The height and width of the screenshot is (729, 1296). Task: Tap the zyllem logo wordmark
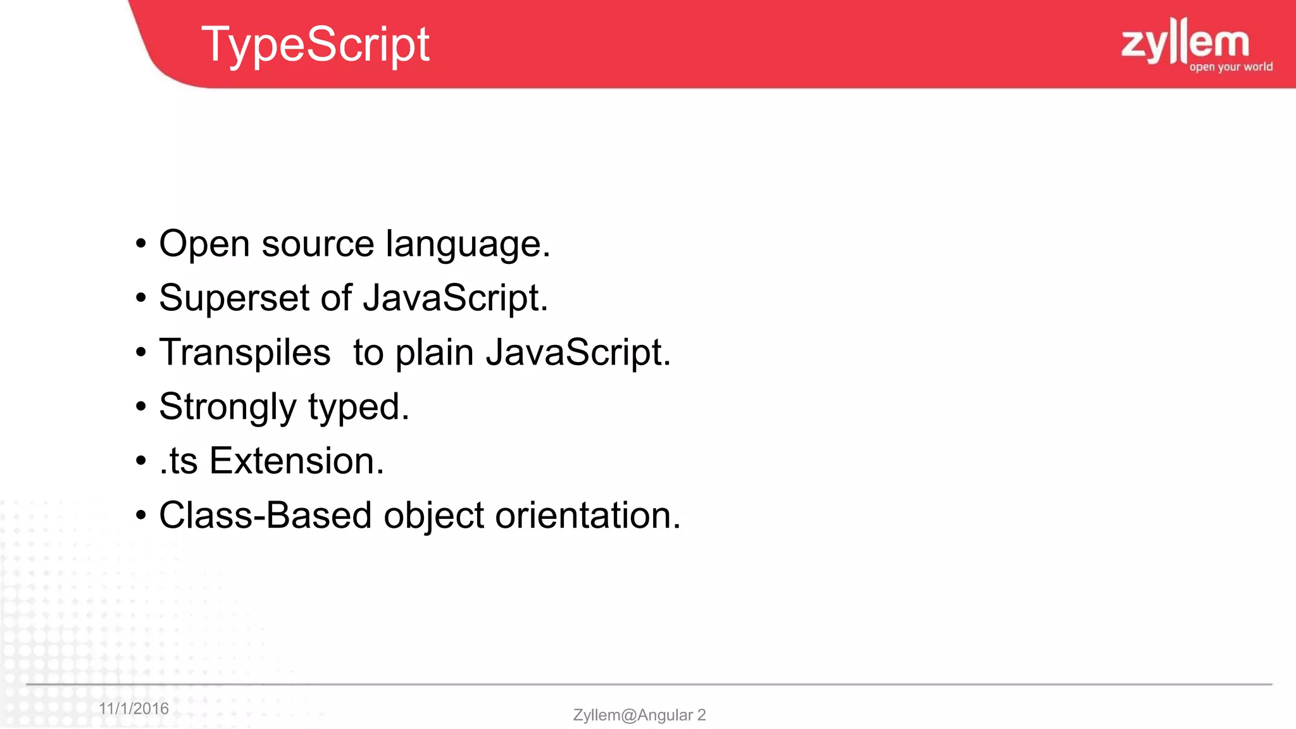[x=1185, y=42]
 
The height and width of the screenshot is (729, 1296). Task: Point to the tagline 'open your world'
[x=1231, y=67]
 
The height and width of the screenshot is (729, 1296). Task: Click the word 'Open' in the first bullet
[x=204, y=245]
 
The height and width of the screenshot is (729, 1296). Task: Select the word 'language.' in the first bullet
[x=468, y=245]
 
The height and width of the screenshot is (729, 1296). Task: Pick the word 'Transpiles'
[x=245, y=353]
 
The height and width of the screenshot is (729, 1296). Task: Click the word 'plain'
[x=434, y=353]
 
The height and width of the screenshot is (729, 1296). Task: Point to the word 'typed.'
[x=359, y=407]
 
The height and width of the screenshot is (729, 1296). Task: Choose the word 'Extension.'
[x=297, y=461]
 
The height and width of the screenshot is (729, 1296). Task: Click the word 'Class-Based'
[x=265, y=516]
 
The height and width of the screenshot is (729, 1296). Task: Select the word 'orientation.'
[x=588, y=516]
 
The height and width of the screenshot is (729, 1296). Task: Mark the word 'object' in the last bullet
[x=433, y=516]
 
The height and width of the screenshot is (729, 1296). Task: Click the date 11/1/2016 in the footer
[x=134, y=709]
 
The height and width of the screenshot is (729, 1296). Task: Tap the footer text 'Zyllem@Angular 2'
[x=639, y=715]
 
